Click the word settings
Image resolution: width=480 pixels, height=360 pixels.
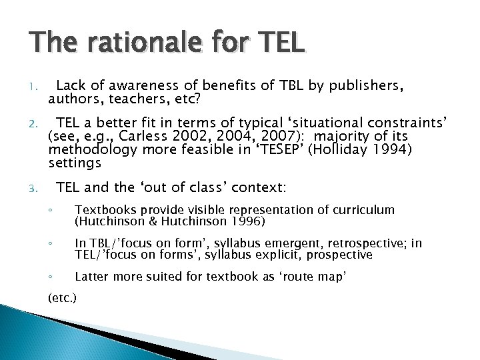click(x=75, y=163)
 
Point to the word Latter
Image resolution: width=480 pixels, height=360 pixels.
click(x=91, y=277)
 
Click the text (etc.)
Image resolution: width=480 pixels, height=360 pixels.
click(x=63, y=298)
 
